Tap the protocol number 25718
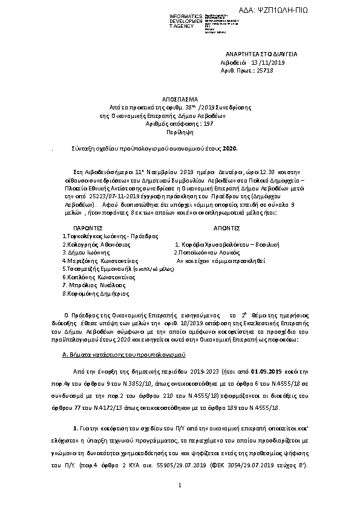click(x=265, y=71)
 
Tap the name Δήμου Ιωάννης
click(x=83, y=253)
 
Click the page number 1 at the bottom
click(x=180, y=486)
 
